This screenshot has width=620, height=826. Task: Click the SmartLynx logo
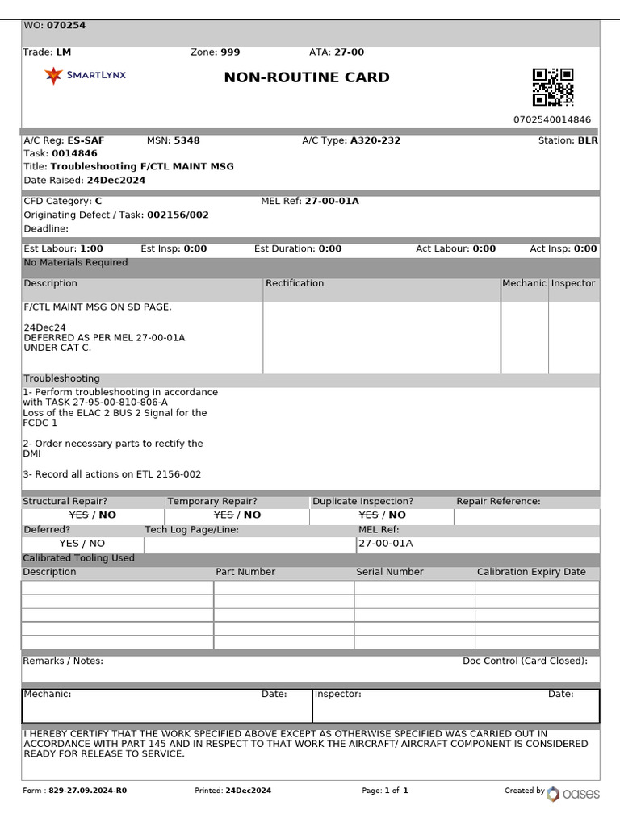(85, 76)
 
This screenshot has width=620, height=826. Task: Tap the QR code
(553, 88)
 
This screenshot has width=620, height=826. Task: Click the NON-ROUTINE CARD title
(307, 77)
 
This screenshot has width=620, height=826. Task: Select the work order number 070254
(66, 26)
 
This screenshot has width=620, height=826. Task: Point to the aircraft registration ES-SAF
(86, 140)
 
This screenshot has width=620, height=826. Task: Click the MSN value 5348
(186, 140)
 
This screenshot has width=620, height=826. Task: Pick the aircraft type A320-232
(375, 140)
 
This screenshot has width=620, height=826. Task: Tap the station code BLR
(588, 140)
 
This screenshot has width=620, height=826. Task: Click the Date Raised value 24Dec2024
(116, 181)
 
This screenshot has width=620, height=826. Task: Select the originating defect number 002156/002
(178, 215)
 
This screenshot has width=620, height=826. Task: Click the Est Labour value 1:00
(91, 249)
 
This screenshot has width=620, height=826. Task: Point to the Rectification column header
(295, 284)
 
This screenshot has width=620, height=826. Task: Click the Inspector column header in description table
(572, 284)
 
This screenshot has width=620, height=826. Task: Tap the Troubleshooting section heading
(61, 379)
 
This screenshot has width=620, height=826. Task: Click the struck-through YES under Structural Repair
(79, 515)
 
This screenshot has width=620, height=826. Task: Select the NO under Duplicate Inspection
(396, 515)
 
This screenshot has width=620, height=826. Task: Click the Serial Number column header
(390, 572)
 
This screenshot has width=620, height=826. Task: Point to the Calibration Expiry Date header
(531, 572)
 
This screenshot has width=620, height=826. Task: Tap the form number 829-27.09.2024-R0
(87, 791)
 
